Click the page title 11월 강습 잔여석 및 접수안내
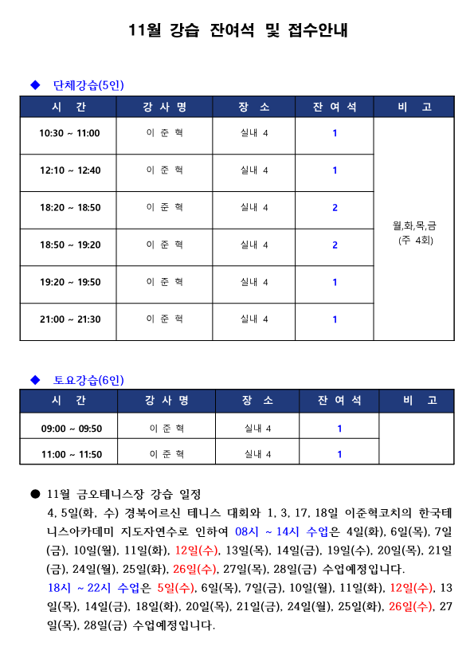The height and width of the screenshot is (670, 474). tap(237, 31)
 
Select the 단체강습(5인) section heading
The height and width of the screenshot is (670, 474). tap(88, 84)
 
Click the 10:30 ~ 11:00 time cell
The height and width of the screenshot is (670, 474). tap(69, 133)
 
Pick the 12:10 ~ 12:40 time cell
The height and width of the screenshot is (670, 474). tap(69, 170)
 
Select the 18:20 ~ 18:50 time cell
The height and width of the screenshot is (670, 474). tap(69, 207)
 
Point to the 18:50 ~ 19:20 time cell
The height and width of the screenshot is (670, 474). tap(69, 245)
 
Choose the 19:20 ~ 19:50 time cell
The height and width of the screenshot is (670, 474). tap(69, 282)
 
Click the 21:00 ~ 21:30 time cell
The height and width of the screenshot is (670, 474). tap(69, 319)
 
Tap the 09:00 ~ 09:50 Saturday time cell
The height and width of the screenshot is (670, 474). tap(71, 429)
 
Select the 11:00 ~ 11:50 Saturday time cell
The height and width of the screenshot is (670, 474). tap(71, 454)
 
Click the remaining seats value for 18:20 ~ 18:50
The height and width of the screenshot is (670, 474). tap(335, 207)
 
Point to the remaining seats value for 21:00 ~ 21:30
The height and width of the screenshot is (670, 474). tap(335, 319)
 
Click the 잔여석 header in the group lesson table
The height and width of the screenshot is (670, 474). tap(335, 108)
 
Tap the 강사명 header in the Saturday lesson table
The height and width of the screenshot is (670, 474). tap(167, 401)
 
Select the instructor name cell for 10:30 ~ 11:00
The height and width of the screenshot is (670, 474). tap(165, 133)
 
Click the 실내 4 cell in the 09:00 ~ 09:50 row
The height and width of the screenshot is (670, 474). tap(257, 429)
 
